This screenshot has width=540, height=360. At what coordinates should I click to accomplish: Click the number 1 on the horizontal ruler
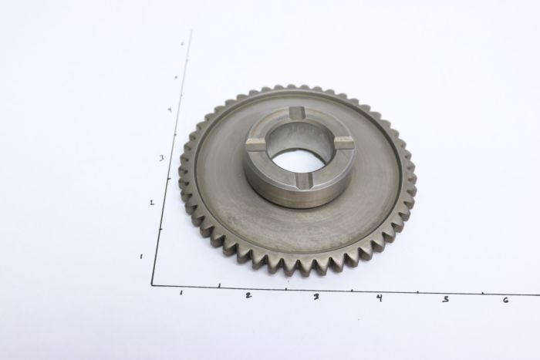[181, 293]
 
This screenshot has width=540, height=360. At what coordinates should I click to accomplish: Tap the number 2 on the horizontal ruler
[248, 294]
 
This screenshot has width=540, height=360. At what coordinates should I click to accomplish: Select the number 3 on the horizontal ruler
[316, 296]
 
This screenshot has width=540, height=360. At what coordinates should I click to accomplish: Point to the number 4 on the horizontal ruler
[379, 298]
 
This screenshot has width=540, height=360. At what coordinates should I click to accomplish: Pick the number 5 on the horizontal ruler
[445, 298]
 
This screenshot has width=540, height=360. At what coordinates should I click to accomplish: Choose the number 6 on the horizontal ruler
[505, 299]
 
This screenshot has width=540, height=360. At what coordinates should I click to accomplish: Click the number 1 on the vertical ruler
[141, 256]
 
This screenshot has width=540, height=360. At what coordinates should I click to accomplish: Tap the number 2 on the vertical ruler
[152, 203]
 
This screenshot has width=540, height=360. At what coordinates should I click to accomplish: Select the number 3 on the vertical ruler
[161, 157]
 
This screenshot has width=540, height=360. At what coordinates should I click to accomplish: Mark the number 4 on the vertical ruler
[170, 109]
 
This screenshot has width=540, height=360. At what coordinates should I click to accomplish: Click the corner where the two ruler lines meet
[152, 285]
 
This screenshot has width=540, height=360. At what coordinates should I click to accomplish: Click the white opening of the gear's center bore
[298, 160]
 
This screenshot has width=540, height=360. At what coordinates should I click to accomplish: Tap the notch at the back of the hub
[299, 114]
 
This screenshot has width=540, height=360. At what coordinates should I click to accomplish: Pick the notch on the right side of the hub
[344, 143]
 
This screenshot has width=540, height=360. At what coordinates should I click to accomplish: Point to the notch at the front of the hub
[304, 180]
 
